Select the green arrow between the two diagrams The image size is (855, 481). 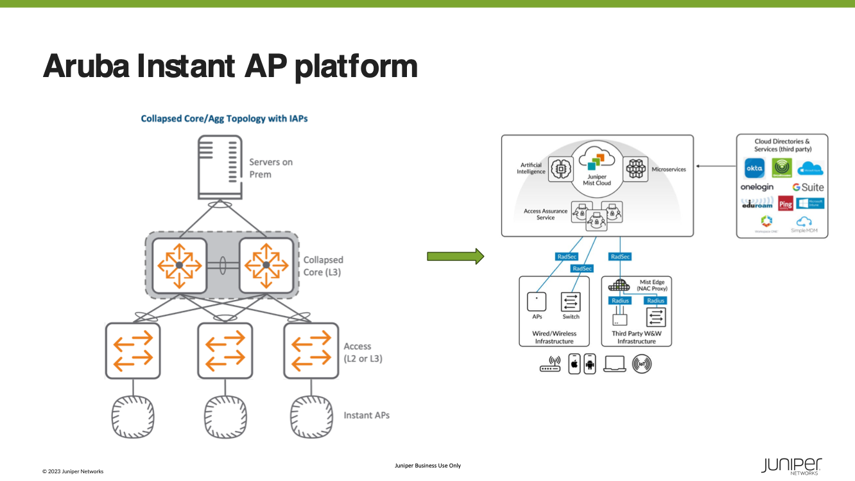[x=454, y=258]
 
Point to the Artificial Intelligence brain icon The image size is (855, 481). [x=561, y=169]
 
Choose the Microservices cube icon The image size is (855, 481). [x=636, y=169]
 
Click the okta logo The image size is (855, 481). [x=754, y=168]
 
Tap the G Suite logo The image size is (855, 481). [x=807, y=188]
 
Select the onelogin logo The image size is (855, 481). [x=757, y=188]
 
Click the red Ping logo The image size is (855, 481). [x=785, y=204]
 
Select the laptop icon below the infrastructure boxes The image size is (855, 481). [x=614, y=364]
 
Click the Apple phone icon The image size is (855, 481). [x=574, y=364]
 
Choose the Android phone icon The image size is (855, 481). [x=590, y=364]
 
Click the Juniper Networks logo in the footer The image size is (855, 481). [x=791, y=466]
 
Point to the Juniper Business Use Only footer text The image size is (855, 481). [x=427, y=466]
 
